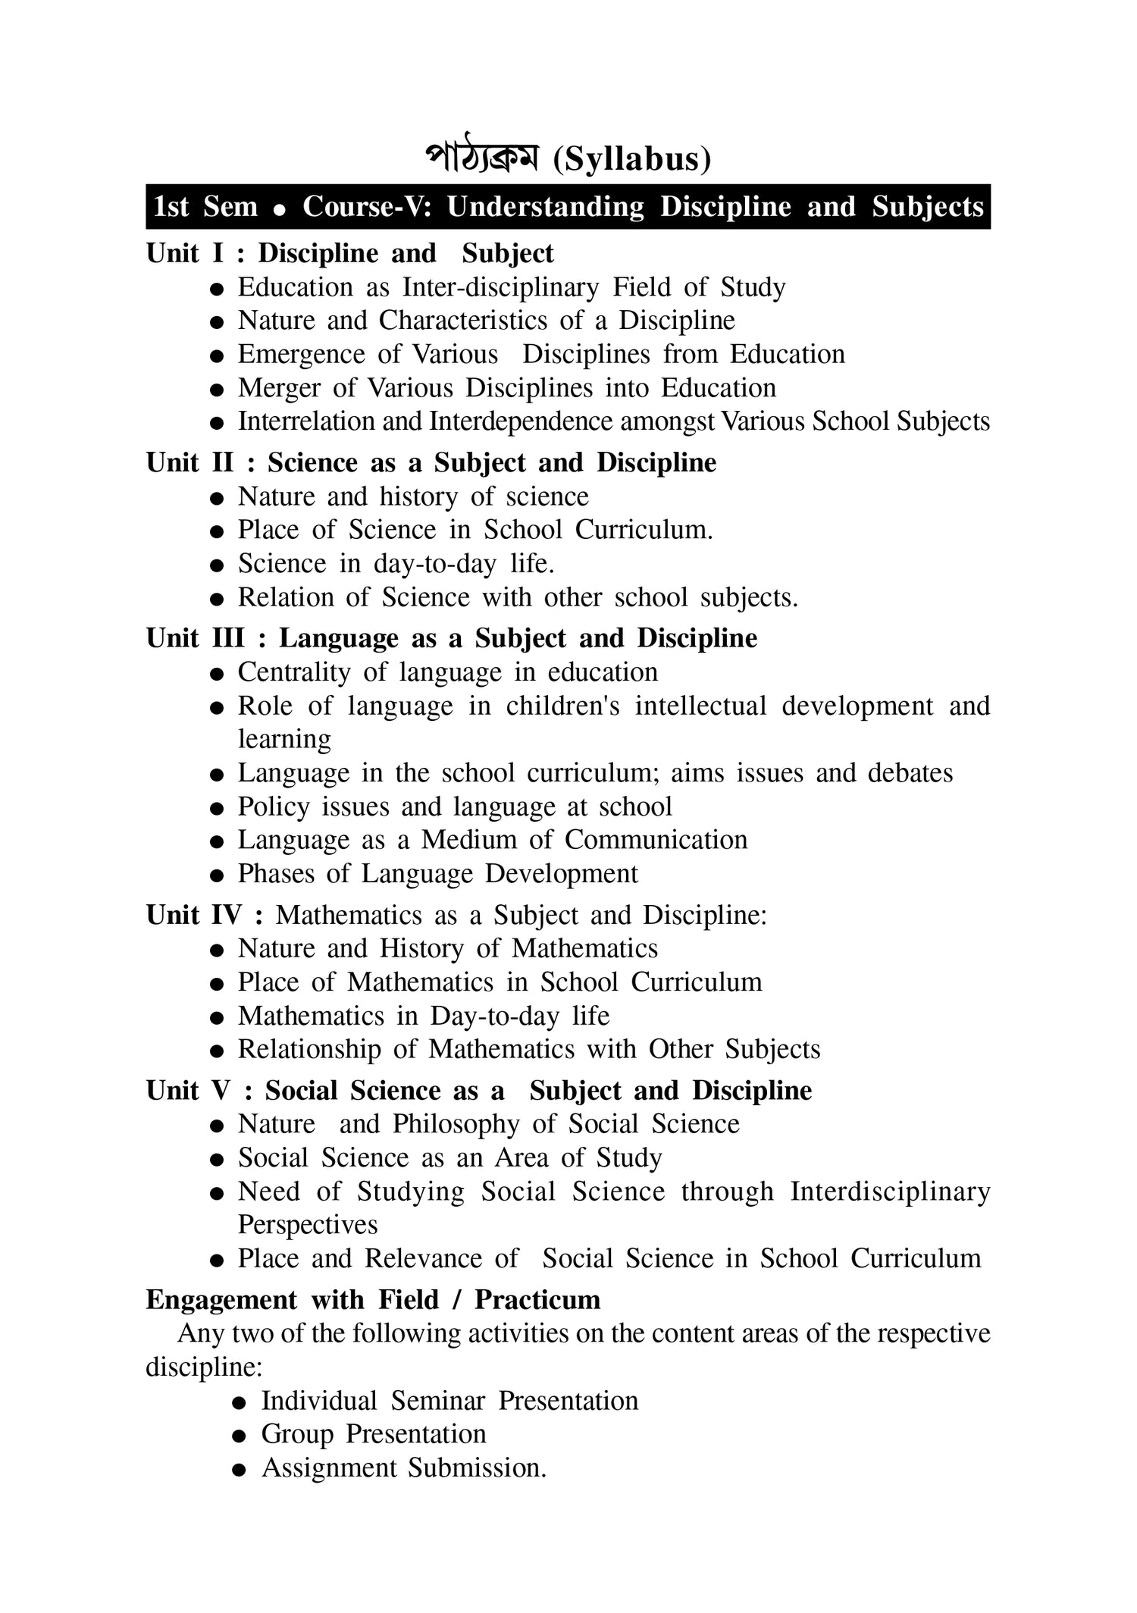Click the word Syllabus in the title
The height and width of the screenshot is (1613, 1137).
pos(631,160)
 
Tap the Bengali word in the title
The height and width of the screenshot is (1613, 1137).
pos(481,158)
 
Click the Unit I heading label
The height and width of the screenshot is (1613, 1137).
pos(185,253)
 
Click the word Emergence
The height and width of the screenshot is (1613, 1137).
pos(302,355)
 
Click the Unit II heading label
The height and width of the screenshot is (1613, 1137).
pos(189,462)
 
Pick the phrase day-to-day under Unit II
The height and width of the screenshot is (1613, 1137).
pos(434,564)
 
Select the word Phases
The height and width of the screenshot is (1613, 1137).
pos(276,874)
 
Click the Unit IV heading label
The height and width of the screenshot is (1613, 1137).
pos(194,915)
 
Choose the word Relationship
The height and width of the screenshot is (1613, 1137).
pos(309,1050)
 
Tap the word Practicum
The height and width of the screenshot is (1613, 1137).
pos(537,1300)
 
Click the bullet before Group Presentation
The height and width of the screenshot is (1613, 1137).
pos(240,1436)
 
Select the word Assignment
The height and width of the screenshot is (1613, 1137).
pos(329,1468)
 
